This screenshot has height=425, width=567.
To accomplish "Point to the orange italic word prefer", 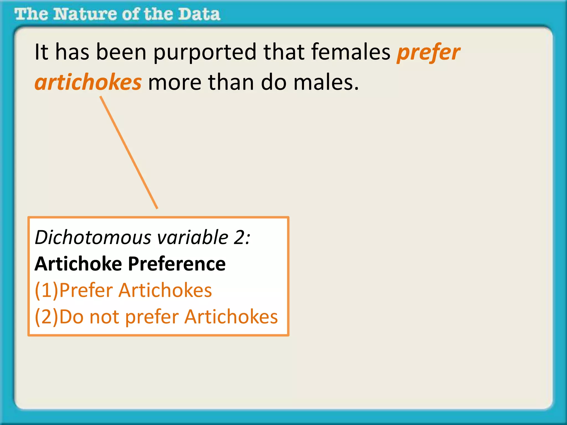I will click(429, 53).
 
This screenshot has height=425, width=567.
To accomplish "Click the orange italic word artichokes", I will click(88, 82).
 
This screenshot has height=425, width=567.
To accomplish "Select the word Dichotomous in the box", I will click(93, 237).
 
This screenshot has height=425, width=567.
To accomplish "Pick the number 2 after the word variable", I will click(239, 237).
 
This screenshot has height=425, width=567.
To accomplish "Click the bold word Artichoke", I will click(78, 264).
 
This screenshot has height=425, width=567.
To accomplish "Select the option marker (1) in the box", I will click(47, 290).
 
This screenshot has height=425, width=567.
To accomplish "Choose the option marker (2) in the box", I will click(47, 317).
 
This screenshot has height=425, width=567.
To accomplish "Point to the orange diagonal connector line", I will click(129, 152).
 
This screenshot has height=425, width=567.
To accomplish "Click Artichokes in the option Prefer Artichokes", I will click(165, 290).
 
